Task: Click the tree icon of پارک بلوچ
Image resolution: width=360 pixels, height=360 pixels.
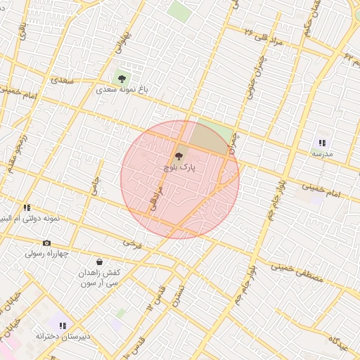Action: (x=178, y=157)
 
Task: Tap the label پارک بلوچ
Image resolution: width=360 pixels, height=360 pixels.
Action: (x=179, y=168)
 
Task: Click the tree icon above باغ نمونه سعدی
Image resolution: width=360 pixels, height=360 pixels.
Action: (x=122, y=78)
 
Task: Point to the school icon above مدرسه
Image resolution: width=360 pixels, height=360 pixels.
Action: (x=323, y=142)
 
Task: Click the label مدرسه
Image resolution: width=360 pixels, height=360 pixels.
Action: (x=322, y=153)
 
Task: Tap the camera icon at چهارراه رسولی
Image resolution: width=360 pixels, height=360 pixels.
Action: (x=47, y=243)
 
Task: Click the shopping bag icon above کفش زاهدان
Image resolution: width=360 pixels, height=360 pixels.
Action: (x=99, y=262)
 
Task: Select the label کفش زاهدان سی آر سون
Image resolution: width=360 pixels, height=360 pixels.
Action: (x=100, y=277)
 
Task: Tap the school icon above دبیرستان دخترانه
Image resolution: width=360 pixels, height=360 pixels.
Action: (x=63, y=326)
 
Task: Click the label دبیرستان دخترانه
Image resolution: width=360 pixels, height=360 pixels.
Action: (x=63, y=337)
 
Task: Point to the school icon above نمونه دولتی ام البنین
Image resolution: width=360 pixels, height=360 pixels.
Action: (x=27, y=208)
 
